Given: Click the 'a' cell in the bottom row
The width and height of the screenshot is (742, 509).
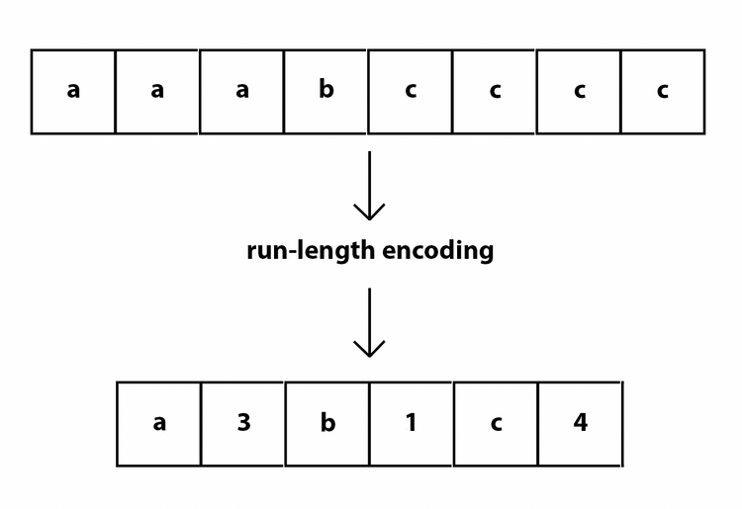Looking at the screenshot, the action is click(x=159, y=424).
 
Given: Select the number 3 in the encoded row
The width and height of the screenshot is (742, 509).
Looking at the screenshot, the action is click(x=243, y=422).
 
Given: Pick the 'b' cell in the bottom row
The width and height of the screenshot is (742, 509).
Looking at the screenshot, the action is click(x=327, y=424).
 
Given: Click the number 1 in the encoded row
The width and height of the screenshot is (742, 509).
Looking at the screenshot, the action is click(x=412, y=422).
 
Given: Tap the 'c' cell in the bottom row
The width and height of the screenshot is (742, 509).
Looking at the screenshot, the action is click(x=496, y=424).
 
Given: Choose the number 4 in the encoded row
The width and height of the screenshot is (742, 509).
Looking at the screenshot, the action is click(x=581, y=422).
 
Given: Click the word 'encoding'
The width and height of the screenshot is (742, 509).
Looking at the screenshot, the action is click(x=437, y=251).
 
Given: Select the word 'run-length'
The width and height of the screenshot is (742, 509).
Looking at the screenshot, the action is click(x=311, y=251).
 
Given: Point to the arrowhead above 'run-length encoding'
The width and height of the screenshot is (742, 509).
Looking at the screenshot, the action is click(x=369, y=212).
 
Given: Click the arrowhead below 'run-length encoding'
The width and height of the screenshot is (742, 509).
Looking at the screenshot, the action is click(x=369, y=348).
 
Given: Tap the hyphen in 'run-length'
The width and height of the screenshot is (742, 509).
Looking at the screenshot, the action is click(x=288, y=252).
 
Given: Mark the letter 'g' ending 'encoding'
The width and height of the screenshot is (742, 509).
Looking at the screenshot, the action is click(x=486, y=254).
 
